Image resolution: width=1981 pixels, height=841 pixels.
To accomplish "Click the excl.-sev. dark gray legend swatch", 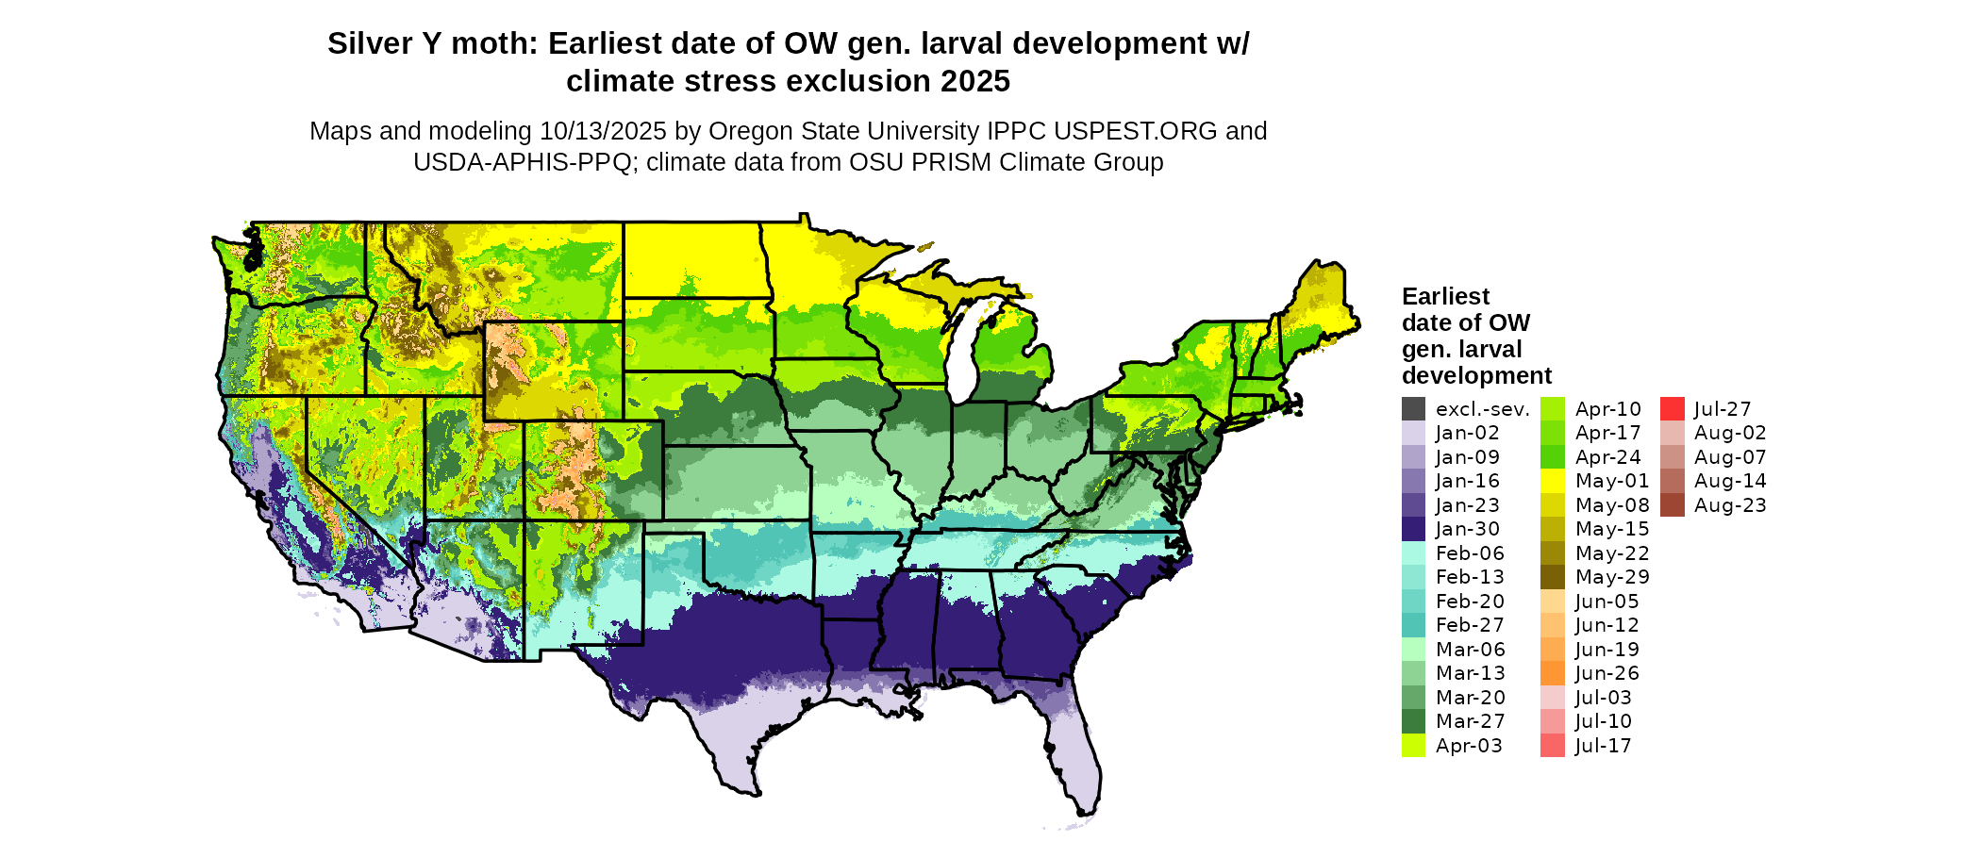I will coord(1413,409).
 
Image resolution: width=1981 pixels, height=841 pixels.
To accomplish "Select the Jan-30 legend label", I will coord(1468,529).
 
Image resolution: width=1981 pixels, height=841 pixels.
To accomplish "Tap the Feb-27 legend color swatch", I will coord(1413,625).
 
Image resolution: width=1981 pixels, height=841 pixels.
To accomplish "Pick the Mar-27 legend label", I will coord(1471,721).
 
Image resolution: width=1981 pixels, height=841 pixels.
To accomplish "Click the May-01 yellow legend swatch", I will coord(1553,481).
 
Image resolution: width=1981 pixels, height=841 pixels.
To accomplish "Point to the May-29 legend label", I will coord(1612,577).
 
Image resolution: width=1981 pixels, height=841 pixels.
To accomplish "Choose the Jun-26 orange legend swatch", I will coord(1553,673).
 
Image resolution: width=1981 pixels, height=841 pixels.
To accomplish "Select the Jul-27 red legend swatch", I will coord(1672,409).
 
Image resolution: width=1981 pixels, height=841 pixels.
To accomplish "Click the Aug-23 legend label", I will coord(1730,505).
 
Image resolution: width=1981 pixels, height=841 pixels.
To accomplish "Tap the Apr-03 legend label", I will coord(1469,746).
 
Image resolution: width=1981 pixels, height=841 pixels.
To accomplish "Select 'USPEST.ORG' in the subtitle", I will coord(1136,131).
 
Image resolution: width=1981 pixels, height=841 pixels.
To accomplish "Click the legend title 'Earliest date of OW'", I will coord(1465,309).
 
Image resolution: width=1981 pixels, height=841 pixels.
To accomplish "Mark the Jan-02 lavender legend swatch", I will coord(1413,433).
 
